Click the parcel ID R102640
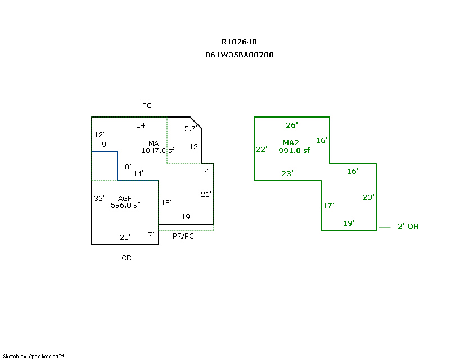point(240,42)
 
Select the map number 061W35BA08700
point(240,55)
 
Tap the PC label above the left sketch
point(147,106)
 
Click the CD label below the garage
point(127,258)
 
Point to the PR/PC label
point(183,236)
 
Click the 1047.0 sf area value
point(158,150)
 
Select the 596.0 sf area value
point(125,205)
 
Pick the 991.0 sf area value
point(294,150)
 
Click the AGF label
point(125,198)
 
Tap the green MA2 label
point(291,143)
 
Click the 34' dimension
point(141,125)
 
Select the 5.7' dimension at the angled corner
point(190,129)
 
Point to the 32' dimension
point(99,199)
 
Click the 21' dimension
point(206,195)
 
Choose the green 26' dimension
point(292,125)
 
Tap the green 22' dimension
point(261,150)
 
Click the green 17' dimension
point(328,206)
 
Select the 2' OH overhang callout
point(408,227)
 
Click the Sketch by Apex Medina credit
point(34,357)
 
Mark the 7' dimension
point(151,235)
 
